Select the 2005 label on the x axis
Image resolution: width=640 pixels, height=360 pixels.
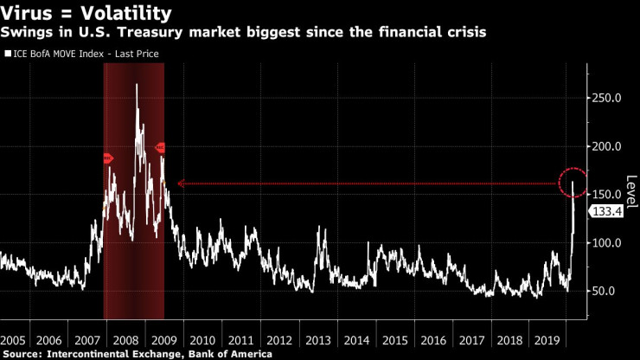pyautogui.click(x=14, y=339)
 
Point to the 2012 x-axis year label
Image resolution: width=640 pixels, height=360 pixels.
pyautogui.click(x=278, y=339)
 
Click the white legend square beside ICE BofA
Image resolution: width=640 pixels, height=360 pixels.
pyautogui.click(x=8, y=54)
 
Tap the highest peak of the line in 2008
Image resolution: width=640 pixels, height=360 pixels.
pyautogui.click(x=137, y=85)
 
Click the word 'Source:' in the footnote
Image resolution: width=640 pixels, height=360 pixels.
pyautogui.click(x=23, y=354)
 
